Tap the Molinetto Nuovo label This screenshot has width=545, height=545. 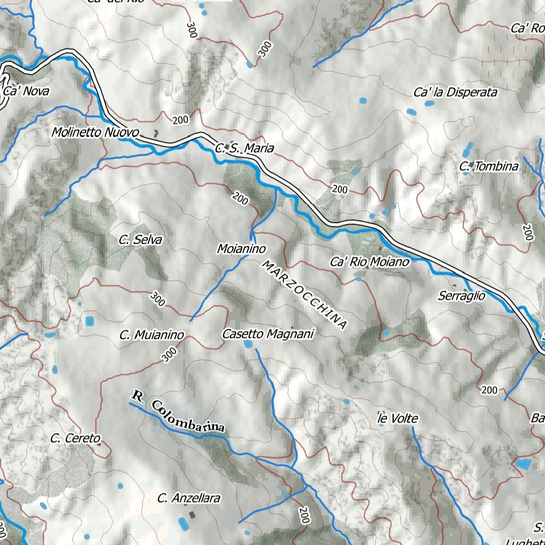coord(95,132)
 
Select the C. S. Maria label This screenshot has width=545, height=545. coord(245,148)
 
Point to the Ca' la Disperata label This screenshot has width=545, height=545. coord(455,93)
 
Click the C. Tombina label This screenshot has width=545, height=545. coord(489,167)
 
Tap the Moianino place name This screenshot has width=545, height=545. coord(241,248)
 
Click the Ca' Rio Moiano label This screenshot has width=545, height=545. coord(370,262)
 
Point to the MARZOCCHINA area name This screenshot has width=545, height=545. coord(304,294)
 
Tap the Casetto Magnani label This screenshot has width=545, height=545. coord(268,334)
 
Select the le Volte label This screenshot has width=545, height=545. coord(398,419)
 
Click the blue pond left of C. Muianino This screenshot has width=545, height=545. coord(89,321)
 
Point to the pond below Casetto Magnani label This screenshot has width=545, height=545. coord(247,344)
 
